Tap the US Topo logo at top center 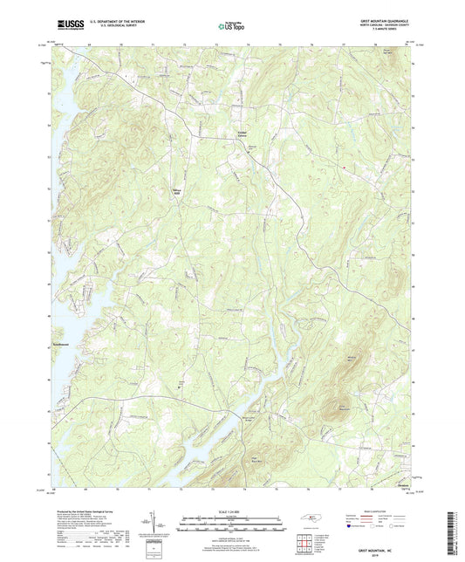[x=229, y=27]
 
